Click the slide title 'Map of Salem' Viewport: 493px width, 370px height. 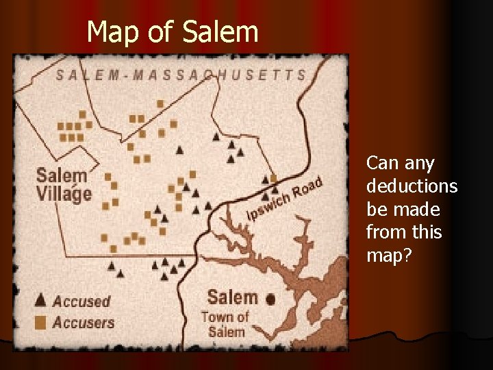(173, 32)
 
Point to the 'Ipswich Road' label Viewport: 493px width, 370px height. (283, 199)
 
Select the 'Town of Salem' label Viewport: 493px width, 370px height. (224, 323)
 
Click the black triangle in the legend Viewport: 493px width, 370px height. (40, 300)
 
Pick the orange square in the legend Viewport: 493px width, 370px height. (40, 322)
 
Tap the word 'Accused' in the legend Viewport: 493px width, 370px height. (81, 301)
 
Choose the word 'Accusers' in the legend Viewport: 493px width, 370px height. (84, 322)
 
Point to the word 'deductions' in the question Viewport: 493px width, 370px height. (412, 186)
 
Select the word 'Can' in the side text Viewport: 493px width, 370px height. (380, 163)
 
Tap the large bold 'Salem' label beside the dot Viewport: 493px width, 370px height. (231, 297)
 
